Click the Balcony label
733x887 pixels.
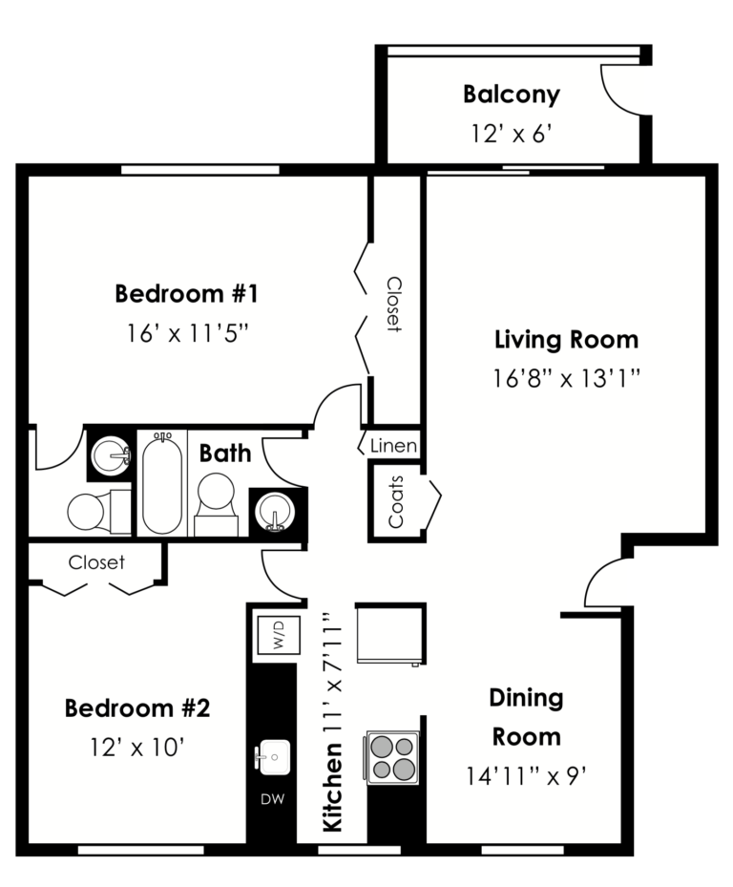point(511,95)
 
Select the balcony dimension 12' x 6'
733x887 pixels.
point(512,134)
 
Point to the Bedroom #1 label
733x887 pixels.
point(186,293)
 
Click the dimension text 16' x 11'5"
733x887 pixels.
point(187,333)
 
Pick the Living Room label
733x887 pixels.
point(566,339)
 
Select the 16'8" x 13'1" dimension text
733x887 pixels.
point(566,379)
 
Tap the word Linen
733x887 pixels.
point(394,446)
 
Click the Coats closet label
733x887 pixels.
point(396,502)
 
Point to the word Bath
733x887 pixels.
point(225,453)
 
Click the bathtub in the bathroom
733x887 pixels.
point(162,483)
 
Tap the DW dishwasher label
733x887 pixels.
point(272,798)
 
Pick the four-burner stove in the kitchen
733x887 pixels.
point(392,757)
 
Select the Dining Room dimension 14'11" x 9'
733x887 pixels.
point(524,775)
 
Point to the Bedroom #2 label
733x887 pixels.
point(136,708)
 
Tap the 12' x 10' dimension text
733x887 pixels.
point(136,747)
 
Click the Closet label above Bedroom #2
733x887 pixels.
point(96,562)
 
